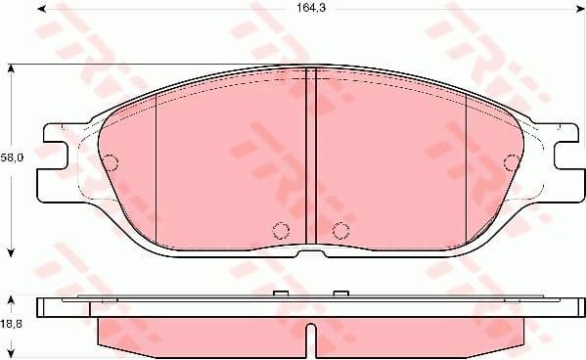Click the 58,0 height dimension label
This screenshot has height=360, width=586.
tap(12, 157)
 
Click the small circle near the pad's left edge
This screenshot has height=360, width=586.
tap(112, 161)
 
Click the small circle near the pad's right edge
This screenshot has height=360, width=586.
tap(509, 161)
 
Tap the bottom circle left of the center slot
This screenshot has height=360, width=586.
tap(280, 231)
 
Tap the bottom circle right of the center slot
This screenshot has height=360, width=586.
tap(340, 231)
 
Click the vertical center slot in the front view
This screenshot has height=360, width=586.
tap(310, 157)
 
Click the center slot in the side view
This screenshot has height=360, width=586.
tap(310, 337)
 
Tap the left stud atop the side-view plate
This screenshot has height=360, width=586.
tap(281, 294)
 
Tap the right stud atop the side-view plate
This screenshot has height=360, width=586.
tap(340, 294)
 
